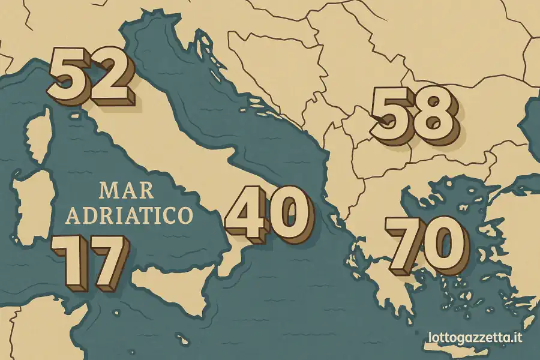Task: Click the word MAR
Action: (127, 191)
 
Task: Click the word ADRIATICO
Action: (129, 215)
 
